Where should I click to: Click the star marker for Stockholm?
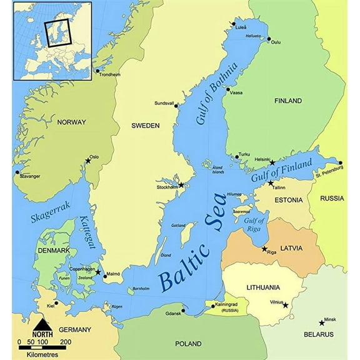(x=181, y=185)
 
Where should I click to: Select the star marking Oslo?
(x=87, y=161)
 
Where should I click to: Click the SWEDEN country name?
(x=145, y=126)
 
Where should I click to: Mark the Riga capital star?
(x=264, y=248)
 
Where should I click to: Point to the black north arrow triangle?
(x=42, y=325)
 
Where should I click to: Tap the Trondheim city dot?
(x=97, y=71)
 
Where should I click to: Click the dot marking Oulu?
(x=269, y=39)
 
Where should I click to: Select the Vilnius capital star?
(x=286, y=305)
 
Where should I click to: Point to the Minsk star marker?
(x=322, y=323)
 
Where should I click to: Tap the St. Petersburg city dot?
(x=340, y=162)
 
